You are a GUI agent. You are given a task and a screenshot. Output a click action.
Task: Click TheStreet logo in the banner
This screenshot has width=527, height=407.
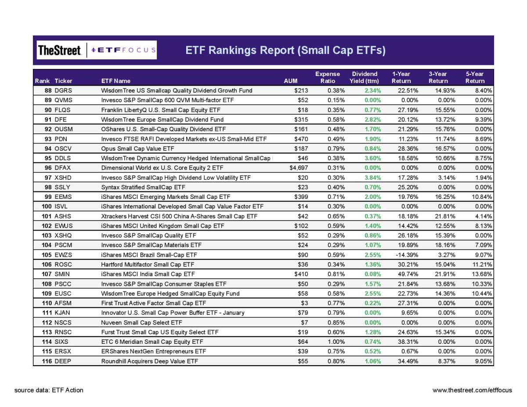coord(59,50)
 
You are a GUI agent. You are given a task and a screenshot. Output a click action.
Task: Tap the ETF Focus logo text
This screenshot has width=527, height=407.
coord(123,50)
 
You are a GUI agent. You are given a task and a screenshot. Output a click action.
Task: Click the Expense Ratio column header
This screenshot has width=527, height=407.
coord(328,77)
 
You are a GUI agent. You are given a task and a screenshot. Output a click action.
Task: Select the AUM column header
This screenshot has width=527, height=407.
coord(291,81)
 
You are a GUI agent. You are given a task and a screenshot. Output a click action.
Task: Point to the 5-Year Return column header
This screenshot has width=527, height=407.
coord(475,77)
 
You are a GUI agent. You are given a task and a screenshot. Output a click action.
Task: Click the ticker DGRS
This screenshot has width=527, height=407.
coord(63,90)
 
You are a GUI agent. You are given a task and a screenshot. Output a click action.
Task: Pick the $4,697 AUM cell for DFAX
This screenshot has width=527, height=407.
coord(299,168)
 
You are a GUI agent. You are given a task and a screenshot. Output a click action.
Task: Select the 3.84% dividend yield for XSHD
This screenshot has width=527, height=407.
coord(373,178)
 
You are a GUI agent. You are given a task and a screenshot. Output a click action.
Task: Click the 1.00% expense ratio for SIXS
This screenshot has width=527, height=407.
coord(336,342)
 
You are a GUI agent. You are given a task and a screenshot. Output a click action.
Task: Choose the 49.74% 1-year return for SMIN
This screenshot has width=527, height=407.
coord(408,274)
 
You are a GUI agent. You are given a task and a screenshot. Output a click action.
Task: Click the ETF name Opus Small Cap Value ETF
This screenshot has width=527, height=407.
coord(137,148)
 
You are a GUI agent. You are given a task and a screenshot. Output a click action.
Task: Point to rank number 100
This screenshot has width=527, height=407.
coord(47,206)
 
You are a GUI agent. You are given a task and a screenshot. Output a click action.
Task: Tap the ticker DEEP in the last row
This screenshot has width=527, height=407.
coord(63,361)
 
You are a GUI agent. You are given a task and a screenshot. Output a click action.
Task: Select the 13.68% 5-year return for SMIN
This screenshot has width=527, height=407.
coord(482,274)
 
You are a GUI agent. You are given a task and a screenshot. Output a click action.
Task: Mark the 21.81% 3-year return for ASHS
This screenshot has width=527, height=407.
coord(445,216)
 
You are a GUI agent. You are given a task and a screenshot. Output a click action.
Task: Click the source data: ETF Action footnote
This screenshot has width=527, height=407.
coord(49,390)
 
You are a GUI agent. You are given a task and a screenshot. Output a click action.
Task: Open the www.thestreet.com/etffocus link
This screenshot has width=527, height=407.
coord(472,390)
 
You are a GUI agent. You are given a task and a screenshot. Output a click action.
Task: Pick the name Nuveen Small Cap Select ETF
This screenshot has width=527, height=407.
coord(141,323)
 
